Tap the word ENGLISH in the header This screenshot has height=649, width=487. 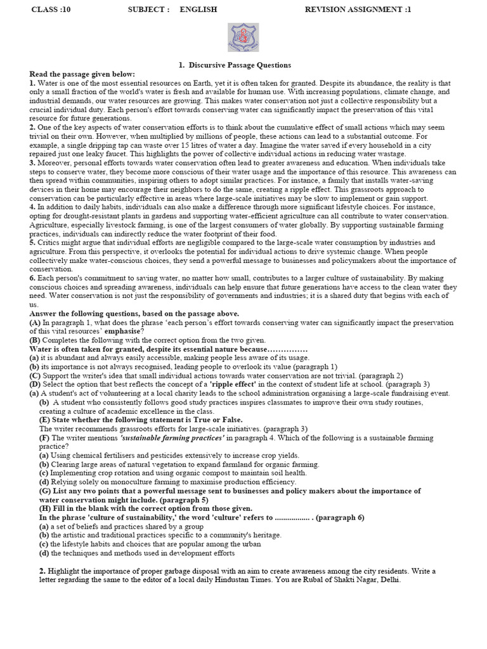[198, 10]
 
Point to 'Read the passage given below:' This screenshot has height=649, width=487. [82, 74]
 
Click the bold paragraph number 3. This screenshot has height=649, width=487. [32, 162]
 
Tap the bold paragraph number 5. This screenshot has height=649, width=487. [32, 242]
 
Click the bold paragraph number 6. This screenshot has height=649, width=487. [32, 278]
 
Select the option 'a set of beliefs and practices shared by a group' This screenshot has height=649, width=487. [121, 526]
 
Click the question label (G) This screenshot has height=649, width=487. [45, 491]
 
